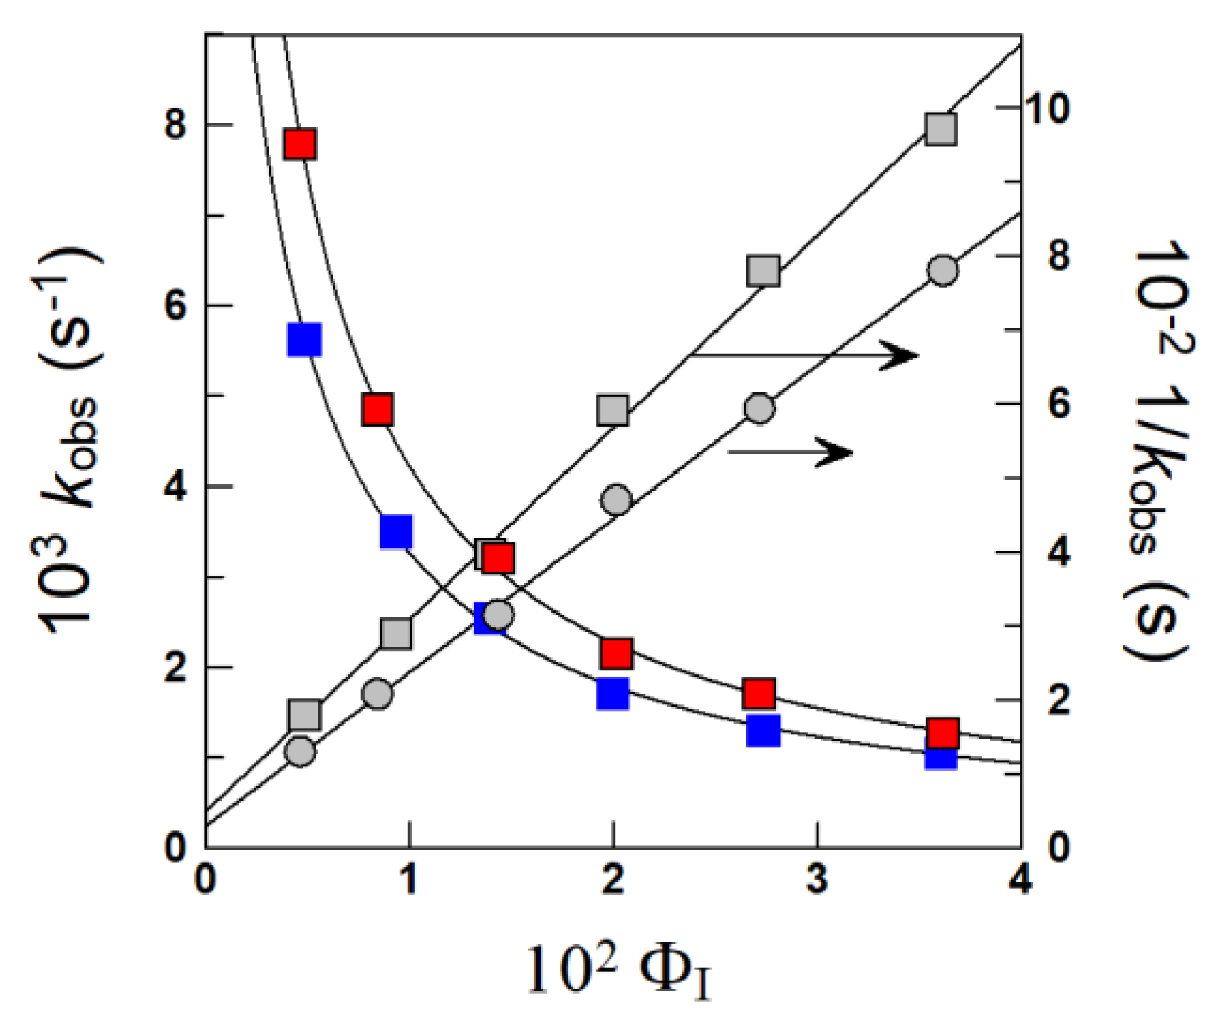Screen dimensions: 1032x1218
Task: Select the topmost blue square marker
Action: tap(304, 340)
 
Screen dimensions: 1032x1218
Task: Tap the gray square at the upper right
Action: tap(941, 130)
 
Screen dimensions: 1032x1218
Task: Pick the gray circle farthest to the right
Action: tap(943, 271)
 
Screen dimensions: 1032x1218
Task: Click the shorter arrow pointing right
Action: tap(791, 452)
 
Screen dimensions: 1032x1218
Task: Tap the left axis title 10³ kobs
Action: tap(71, 442)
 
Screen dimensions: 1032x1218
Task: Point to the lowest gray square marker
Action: tap(304, 715)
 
